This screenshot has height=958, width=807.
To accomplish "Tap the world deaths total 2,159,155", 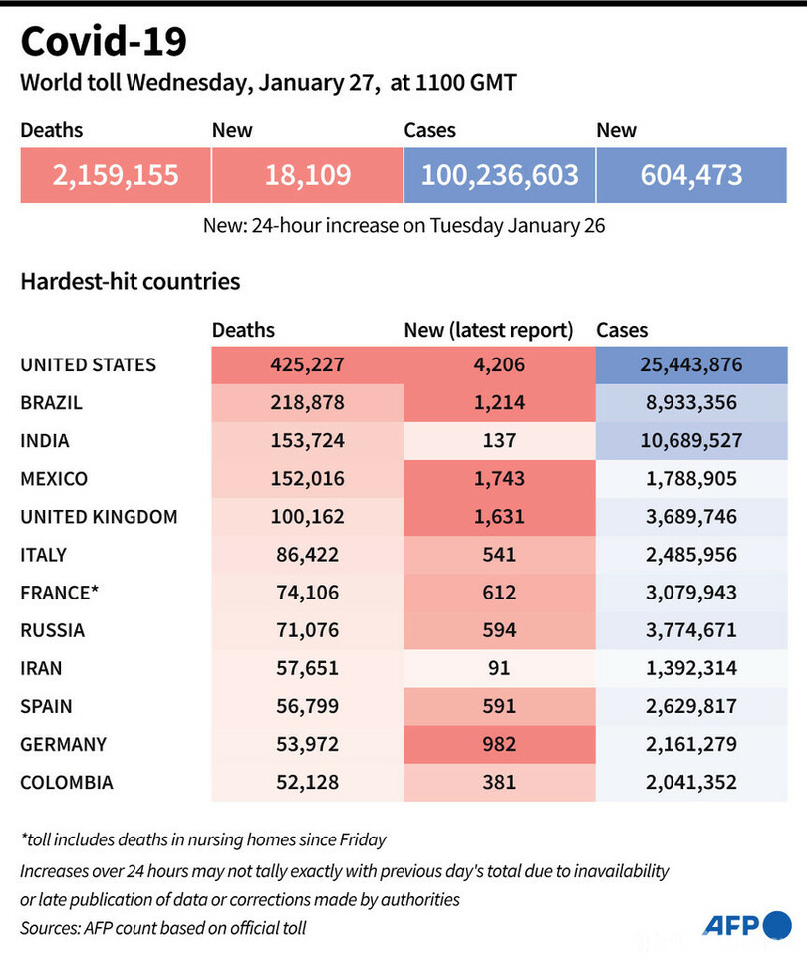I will (x=116, y=176).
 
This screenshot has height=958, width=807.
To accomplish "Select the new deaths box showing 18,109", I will (x=307, y=176).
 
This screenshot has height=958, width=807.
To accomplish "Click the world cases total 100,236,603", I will (x=499, y=176).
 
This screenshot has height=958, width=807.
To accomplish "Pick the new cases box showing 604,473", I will (x=691, y=176).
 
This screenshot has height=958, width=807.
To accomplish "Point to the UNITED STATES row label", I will (x=89, y=365).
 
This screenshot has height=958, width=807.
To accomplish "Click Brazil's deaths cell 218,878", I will (x=307, y=403).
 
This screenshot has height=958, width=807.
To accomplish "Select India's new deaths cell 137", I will (x=499, y=441).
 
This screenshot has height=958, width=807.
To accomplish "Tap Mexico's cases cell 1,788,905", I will (x=691, y=479).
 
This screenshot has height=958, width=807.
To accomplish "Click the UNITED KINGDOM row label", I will (x=100, y=517).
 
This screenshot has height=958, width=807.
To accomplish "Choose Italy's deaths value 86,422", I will (x=307, y=555).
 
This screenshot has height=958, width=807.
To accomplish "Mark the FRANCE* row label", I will (x=60, y=593).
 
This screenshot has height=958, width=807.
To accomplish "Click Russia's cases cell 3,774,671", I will (x=691, y=630).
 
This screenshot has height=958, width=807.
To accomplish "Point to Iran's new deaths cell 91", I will (x=499, y=668).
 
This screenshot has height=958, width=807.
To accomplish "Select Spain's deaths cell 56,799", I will (x=307, y=706).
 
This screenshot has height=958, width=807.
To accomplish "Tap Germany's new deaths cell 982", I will (x=499, y=744).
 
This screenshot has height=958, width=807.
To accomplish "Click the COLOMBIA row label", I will (x=67, y=782).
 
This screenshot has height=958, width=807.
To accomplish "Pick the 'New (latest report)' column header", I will (x=488, y=330).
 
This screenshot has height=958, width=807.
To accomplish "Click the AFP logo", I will (x=747, y=925).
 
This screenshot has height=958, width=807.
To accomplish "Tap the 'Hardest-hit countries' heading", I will (x=131, y=282).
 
